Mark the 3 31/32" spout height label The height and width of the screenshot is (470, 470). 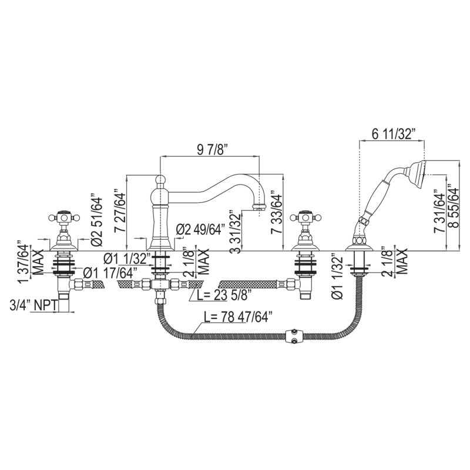coord(237,232)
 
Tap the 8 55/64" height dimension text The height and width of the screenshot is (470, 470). coord(454,208)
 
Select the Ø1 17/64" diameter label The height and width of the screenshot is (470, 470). coord(110,273)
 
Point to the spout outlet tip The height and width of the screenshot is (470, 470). coord(258,207)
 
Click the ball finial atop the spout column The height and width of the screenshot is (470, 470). coord(160,179)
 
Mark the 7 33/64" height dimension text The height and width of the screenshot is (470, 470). coord(277,214)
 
